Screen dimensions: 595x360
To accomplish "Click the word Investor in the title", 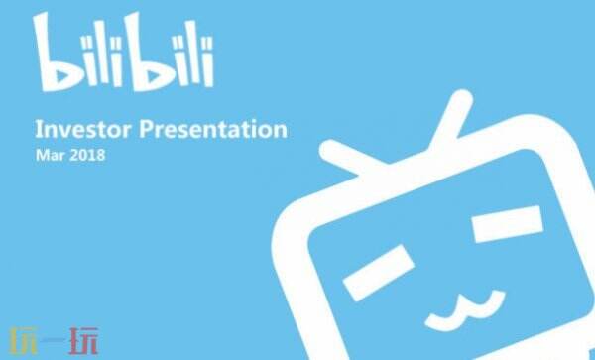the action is coord(83,129).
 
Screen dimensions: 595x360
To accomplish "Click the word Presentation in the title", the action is coord(213,129).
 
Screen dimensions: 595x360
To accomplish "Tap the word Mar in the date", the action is coord(51,155).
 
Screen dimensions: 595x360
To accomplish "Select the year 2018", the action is coord(87,155).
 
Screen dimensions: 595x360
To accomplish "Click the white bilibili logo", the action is coord(123,52).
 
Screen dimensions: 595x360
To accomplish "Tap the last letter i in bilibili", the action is coord(208,60).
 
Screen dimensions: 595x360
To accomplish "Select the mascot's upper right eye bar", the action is coord(508,224).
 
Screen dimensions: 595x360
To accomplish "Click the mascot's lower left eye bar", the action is coord(379,273).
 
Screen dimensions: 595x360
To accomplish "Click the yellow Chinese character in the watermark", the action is coord(23,340).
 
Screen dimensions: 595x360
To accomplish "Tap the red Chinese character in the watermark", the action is coord(83,340).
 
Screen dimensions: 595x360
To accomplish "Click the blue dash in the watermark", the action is coord(54,339).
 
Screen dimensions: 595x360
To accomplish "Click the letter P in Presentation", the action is coord(146,129).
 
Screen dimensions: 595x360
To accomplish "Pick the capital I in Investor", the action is coord(38,129).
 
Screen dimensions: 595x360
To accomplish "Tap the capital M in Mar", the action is coord(42,155).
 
